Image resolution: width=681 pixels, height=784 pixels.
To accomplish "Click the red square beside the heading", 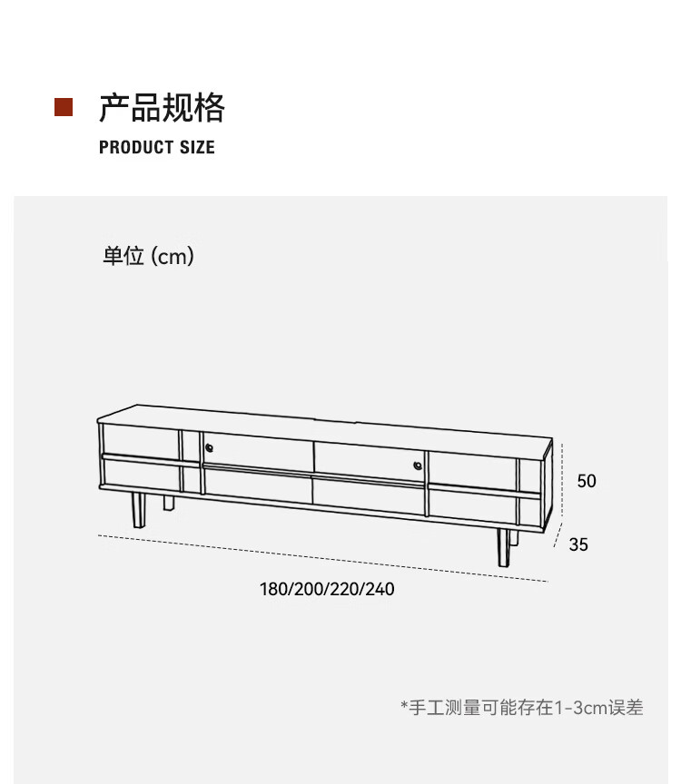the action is [x=64, y=107].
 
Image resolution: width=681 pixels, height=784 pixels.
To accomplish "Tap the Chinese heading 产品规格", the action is [x=162, y=108].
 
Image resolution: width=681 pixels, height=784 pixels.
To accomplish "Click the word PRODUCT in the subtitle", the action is [x=135, y=148].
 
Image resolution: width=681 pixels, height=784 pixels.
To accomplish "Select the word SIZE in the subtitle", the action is [x=197, y=148].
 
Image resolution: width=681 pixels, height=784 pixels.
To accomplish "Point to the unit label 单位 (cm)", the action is [x=148, y=257].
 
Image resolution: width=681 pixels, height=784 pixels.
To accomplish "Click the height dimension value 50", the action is [x=587, y=481].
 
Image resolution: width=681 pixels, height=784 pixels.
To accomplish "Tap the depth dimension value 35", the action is [x=578, y=544].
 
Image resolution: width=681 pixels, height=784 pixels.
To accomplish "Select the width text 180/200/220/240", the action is [x=327, y=589].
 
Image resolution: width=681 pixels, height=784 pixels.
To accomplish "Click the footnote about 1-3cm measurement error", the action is [x=521, y=708].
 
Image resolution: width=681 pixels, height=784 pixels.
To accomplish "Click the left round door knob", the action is [x=208, y=447].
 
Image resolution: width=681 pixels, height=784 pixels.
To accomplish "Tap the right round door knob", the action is [x=418, y=465].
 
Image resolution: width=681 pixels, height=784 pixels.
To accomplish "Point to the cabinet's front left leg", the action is [x=138, y=510].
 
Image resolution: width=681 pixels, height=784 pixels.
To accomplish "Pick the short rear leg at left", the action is [x=169, y=502].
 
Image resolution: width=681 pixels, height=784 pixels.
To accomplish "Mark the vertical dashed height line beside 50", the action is [x=563, y=481].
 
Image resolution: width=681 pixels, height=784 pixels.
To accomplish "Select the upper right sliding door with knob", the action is [x=368, y=459].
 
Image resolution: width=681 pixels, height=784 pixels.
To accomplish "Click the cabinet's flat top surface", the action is [x=318, y=427].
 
